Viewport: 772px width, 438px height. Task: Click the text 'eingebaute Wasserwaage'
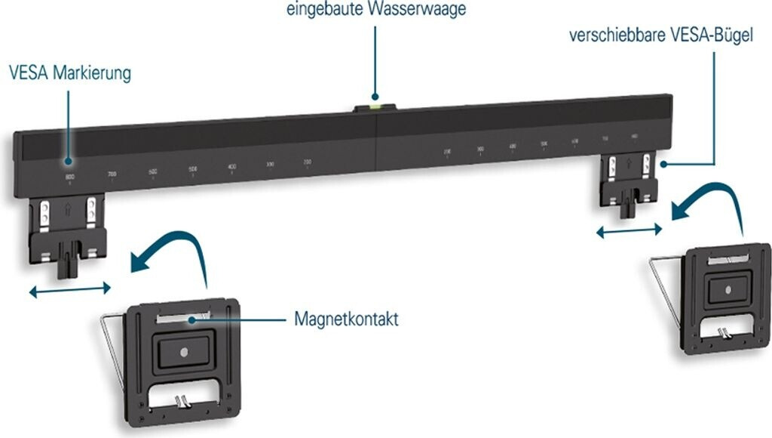coord(375,10)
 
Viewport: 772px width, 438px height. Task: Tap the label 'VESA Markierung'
coord(70,74)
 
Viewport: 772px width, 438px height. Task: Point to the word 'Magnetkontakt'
coord(346,319)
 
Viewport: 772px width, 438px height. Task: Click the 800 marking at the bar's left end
coord(69,177)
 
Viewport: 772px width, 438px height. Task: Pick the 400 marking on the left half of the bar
coord(231,166)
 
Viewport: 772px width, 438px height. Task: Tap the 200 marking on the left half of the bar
coord(308,162)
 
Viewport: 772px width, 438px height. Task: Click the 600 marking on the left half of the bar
coord(152,172)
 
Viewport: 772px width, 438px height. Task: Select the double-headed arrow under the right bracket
coord(629,231)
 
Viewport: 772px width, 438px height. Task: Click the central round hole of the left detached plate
coord(185,350)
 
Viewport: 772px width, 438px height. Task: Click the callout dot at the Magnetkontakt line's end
coord(194,319)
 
